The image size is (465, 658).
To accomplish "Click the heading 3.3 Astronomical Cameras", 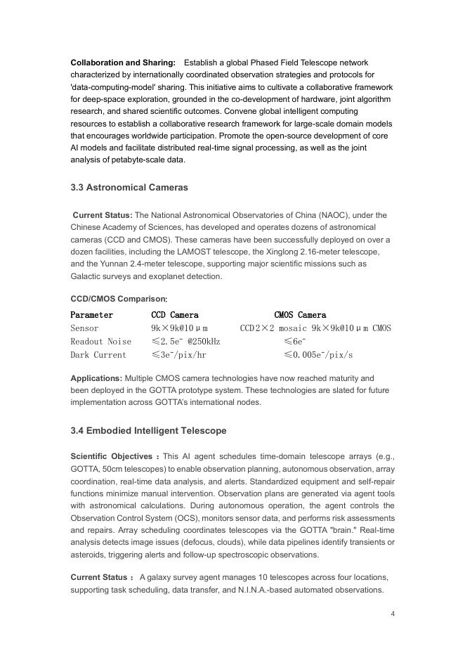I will click(x=129, y=188).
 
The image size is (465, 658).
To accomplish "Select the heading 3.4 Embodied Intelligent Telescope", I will click(x=148, y=430).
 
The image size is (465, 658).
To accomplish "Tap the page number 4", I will click(x=393, y=614).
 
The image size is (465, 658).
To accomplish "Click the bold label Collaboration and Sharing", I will click(x=123, y=63).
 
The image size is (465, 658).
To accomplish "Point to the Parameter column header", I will click(x=91, y=315).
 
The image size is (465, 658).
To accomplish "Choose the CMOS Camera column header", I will click(x=300, y=315).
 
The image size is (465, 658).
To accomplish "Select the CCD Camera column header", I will click(x=175, y=315).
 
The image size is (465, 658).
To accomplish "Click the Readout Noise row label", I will click(x=100, y=342).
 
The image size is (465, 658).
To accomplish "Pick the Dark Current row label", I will click(x=98, y=355).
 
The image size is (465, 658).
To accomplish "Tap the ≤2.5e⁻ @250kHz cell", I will click(x=185, y=342).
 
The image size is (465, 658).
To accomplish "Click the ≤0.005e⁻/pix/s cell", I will click(x=318, y=355).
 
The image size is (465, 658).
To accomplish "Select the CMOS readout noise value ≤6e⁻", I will click(x=294, y=342).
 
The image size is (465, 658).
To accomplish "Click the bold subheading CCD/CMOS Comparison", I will click(x=119, y=298).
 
